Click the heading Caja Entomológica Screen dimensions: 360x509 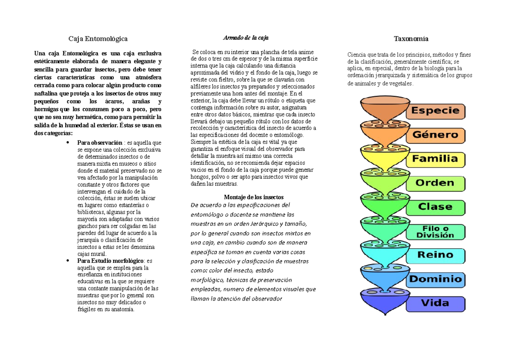(98, 39)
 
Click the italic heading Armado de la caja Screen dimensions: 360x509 (246, 38)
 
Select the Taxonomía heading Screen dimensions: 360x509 (411, 39)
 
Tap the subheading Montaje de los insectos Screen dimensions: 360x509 (253, 197)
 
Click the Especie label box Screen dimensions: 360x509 (436, 111)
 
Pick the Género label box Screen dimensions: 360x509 (436, 135)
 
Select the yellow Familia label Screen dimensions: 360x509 (436, 160)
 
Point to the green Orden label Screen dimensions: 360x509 (436, 183)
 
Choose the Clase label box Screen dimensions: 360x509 (436, 207)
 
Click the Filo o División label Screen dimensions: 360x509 (436, 231)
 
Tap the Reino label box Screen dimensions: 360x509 (436, 255)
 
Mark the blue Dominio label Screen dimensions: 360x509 (436, 279)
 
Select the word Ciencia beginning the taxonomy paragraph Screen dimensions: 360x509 (357, 55)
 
